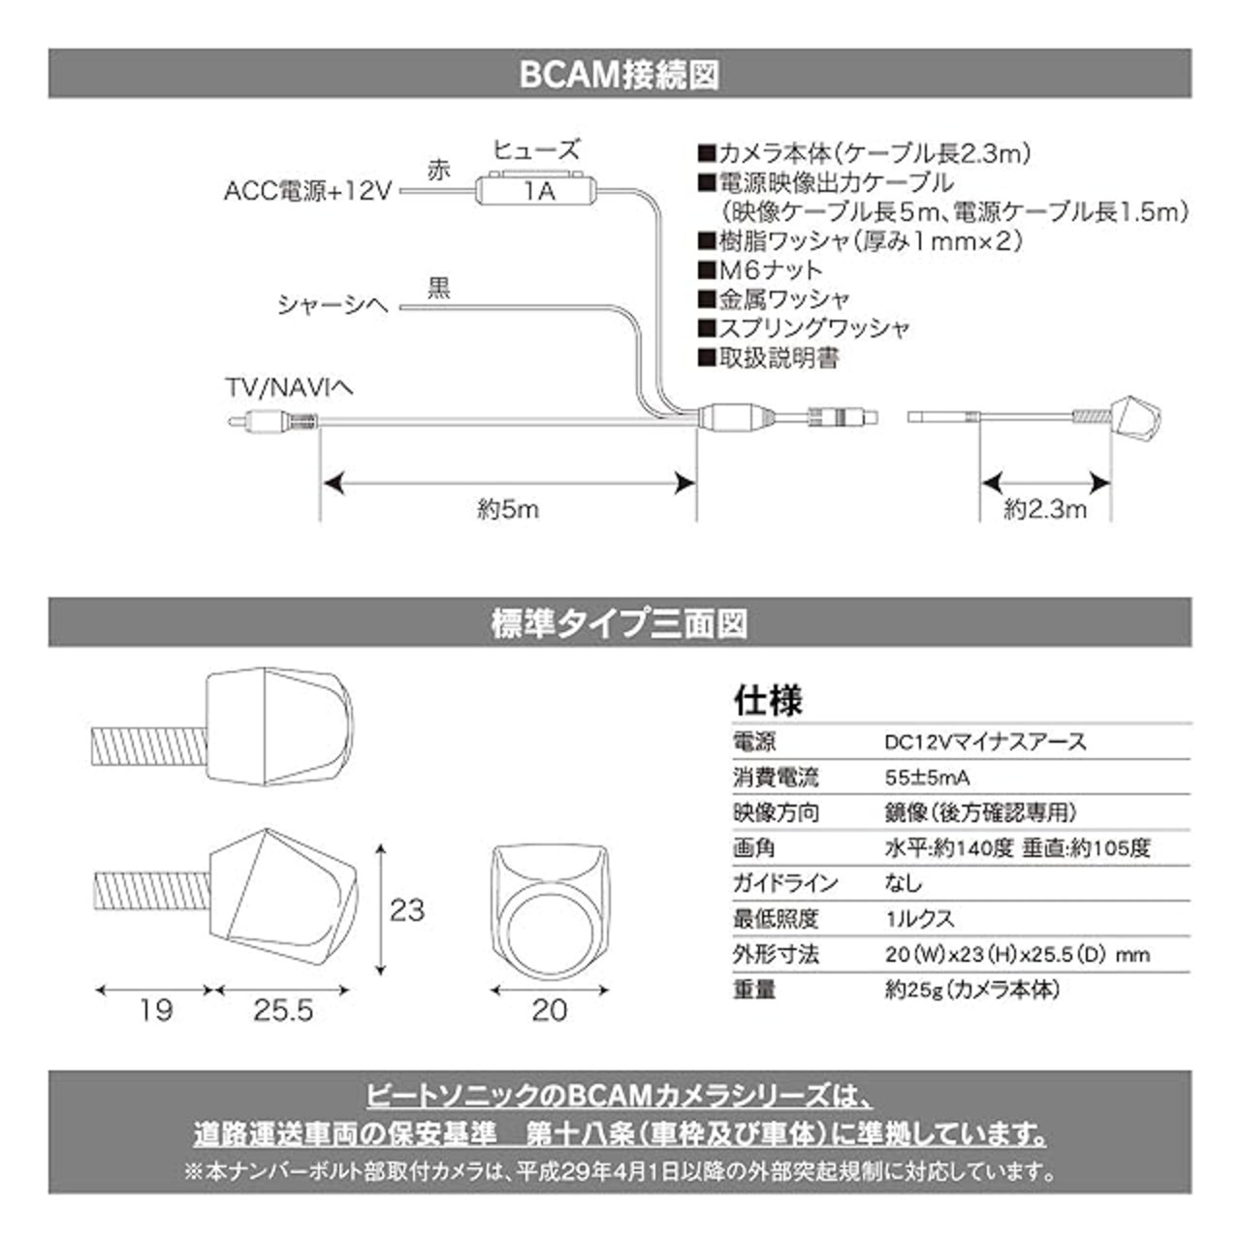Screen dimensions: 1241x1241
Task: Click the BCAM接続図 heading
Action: (x=620, y=75)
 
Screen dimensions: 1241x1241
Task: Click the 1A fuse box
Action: (x=535, y=190)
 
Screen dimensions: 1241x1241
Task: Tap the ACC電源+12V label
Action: (x=306, y=191)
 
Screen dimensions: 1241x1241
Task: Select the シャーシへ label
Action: (x=333, y=305)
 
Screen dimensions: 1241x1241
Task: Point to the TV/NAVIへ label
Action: (x=288, y=389)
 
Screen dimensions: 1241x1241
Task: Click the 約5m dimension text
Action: (x=508, y=509)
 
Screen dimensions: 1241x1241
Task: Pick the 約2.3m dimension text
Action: (x=1045, y=509)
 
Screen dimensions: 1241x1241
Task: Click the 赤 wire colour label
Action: (x=439, y=171)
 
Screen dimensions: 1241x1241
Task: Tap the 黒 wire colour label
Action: (x=439, y=288)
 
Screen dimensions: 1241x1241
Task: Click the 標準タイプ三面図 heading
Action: (x=620, y=623)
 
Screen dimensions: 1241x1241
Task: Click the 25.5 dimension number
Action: (x=284, y=1010)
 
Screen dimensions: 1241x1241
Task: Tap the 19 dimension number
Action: (x=155, y=1010)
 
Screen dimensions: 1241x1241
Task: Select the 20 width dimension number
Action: (x=550, y=1010)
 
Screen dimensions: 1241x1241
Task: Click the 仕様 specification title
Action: (x=768, y=700)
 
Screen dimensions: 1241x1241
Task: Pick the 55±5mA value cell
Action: (x=928, y=778)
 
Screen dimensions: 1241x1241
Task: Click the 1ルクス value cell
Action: (x=919, y=918)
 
